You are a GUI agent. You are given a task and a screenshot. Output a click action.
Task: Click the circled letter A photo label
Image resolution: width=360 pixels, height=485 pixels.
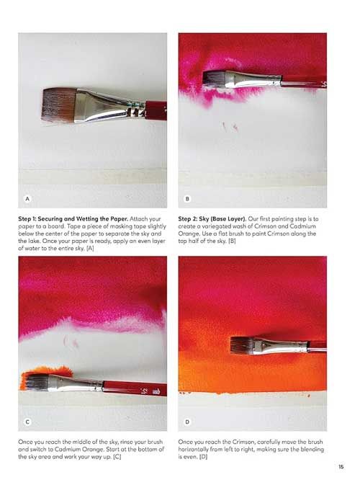coord(27,199)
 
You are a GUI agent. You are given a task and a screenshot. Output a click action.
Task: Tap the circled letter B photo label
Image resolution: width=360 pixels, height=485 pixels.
coord(187,199)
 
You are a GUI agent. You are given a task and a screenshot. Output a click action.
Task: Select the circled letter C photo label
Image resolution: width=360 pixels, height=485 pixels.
coord(27,422)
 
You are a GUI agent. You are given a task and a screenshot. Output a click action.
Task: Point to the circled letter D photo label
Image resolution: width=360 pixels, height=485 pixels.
coord(187,422)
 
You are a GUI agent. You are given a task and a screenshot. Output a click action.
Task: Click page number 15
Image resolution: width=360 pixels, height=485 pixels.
coord(341,466)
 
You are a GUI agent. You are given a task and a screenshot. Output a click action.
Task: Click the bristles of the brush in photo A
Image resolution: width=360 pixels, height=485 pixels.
coord(59,105)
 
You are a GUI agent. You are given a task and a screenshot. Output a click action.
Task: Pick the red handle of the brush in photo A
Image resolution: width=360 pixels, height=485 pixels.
coord(156,110)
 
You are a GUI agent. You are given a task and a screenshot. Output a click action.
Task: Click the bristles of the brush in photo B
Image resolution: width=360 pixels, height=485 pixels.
coord(214,79)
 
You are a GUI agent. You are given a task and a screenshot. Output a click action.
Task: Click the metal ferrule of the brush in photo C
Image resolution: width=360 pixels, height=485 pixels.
coord(76,383)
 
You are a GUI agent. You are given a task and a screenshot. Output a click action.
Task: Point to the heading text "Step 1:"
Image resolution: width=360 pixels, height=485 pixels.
coord(27,219)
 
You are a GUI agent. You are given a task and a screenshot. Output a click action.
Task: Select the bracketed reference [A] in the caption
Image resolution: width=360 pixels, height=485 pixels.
coord(90,249)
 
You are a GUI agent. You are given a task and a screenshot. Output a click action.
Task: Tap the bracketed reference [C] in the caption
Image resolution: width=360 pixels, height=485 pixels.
coord(117,457)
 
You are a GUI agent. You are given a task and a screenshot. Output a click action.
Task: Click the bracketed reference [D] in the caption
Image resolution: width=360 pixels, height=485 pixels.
coord(203,457)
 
